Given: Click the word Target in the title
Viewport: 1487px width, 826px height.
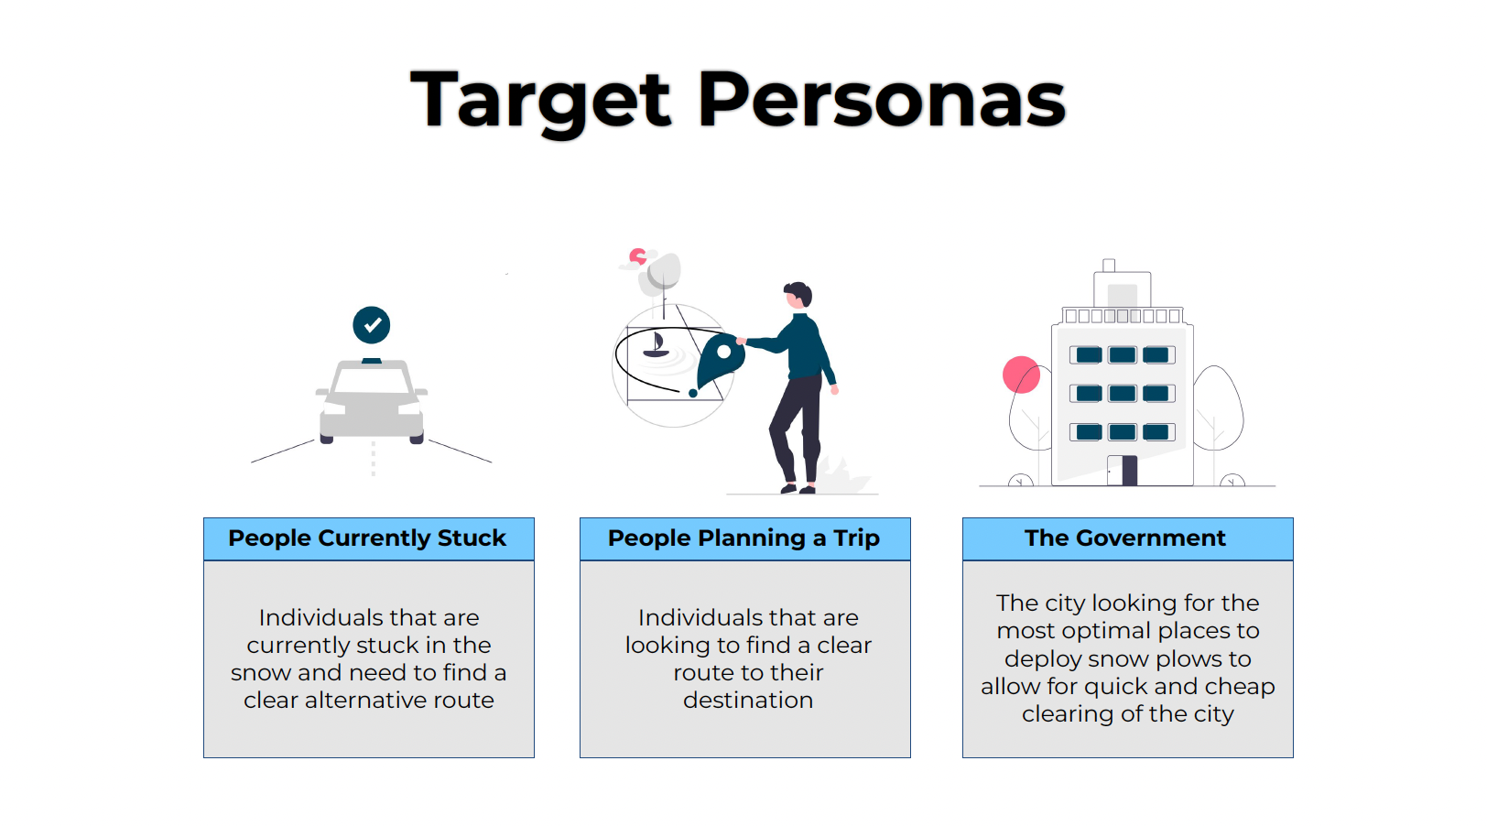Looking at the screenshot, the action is tap(540, 101).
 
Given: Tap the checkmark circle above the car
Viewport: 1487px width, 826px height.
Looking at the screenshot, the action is tap(372, 325).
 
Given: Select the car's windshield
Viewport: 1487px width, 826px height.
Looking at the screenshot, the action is tap(371, 378).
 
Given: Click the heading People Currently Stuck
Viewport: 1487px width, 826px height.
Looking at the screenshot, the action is tap(367, 538).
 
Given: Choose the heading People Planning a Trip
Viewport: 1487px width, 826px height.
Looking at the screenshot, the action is tap(743, 538).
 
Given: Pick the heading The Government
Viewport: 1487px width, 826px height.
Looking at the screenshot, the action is tap(1125, 538).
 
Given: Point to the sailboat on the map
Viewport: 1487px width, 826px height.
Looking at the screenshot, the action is tap(656, 345).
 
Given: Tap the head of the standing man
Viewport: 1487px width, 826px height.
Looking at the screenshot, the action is tap(798, 295).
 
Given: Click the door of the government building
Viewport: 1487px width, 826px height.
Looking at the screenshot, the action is tap(1123, 470).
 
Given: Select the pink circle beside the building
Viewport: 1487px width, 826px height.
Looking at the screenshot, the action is tap(1021, 375).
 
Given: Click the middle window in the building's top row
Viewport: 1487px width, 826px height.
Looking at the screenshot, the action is tap(1123, 355).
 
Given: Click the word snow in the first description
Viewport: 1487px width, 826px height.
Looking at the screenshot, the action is tap(261, 673).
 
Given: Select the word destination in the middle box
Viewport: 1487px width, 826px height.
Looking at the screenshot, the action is tap(748, 701).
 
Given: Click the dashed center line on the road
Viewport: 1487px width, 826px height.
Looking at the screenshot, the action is tap(373, 459).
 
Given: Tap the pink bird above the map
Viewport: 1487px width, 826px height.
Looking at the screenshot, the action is tap(637, 256).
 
